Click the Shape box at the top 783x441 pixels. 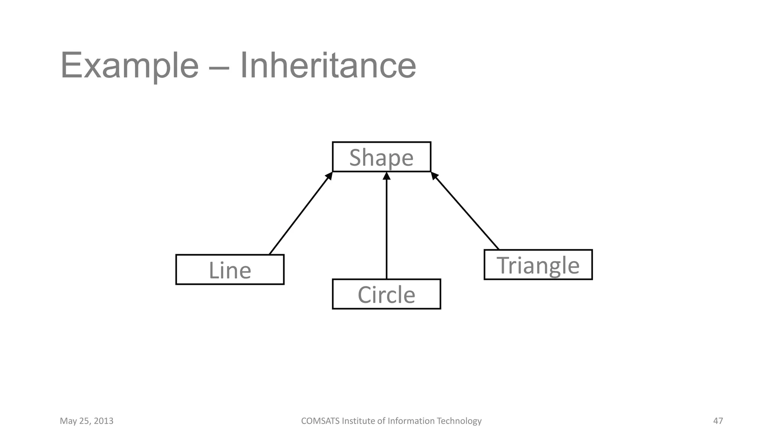click(x=382, y=157)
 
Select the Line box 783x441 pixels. click(x=230, y=269)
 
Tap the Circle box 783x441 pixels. click(x=386, y=294)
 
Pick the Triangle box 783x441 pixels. click(x=538, y=265)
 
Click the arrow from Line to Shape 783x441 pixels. click(x=300, y=214)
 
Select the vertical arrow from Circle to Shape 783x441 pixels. click(x=387, y=230)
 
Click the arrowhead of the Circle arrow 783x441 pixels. click(x=387, y=176)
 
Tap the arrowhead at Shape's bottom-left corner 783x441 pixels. click(x=329, y=176)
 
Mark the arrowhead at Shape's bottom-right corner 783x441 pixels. click(x=435, y=176)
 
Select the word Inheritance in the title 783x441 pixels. click(x=328, y=66)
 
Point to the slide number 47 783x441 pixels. click(x=718, y=421)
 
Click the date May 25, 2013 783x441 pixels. click(x=86, y=421)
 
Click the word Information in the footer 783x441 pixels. click(x=411, y=421)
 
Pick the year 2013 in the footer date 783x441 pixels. click(x=103, y=421)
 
